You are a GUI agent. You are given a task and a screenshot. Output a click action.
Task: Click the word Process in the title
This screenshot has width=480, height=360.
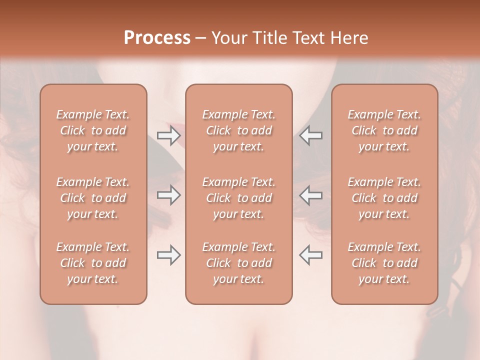tap(157, 38)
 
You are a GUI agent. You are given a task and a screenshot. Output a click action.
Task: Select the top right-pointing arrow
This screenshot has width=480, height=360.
tap(168, 135)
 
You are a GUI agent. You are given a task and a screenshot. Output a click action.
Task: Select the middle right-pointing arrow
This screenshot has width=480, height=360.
tap(168, 195)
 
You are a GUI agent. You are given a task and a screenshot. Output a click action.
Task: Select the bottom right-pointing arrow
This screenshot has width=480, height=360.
tap(168, 255)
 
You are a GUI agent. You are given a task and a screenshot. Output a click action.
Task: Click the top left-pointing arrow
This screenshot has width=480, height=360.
tap(310, 135)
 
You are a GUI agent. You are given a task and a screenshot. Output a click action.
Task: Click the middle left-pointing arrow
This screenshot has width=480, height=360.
tap(310, 195)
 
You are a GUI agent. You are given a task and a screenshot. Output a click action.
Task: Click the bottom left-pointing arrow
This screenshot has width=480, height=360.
tap(310, 255)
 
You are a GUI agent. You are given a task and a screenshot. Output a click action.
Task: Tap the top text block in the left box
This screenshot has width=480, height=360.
tap(93, 130)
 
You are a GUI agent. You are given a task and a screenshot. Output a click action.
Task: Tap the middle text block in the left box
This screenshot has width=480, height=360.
tap(93, 198)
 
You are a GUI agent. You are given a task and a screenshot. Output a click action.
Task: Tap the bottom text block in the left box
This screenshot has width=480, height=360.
tap(93, 263)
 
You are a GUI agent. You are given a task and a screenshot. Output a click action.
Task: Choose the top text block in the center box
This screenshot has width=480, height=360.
tap(238, 130)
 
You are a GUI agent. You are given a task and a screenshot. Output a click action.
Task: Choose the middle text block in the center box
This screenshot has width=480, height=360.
tap(238, 198)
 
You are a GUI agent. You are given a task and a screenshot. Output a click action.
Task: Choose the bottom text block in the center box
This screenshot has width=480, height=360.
tap(238, 263)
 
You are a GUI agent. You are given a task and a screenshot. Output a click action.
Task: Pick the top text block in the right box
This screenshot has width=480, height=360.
tap(384, 130)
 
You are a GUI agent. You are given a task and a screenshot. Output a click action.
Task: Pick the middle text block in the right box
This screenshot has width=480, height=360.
tap(384, 198)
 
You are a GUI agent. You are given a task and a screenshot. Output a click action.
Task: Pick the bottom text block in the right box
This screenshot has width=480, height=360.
tap(384, 263)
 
